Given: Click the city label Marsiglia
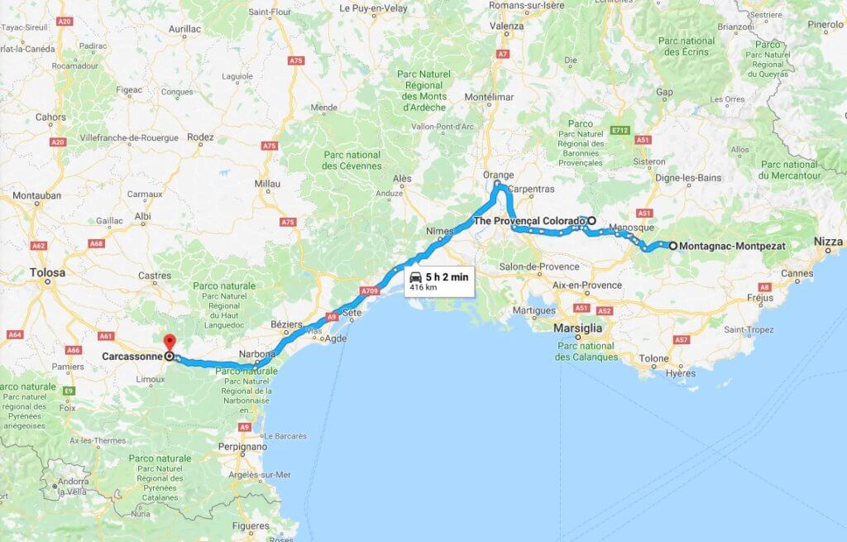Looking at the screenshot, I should pos(577,328).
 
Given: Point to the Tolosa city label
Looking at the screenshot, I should pos(48,271).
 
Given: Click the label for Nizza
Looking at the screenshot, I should pos(828,242).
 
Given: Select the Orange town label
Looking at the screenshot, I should pos(499,175).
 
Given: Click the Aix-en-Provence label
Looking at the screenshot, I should pos(589,285).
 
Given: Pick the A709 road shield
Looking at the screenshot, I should pos(370,290).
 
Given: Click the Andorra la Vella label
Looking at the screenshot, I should pos(74,486).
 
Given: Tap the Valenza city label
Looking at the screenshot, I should pos(507,26).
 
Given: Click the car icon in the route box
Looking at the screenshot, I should pos(415,277).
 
